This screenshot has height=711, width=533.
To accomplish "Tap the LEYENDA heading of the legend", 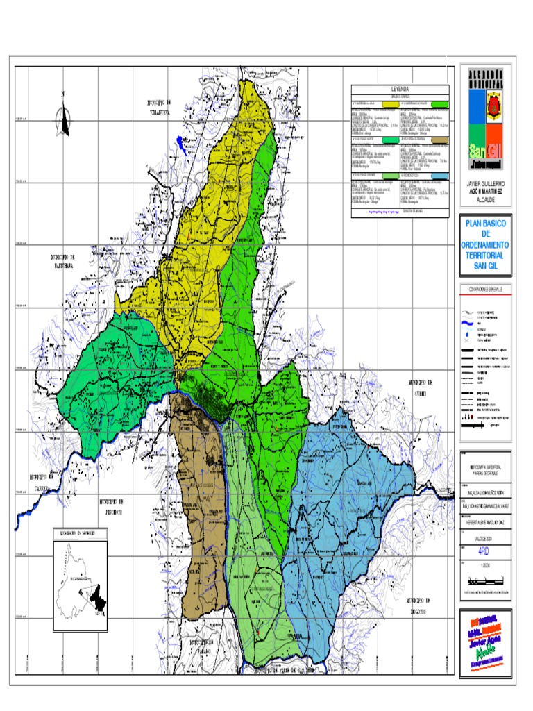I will [x=400, y=90].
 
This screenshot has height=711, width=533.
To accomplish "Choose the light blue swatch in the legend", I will [x=439, y=176].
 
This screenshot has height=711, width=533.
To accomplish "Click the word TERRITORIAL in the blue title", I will [x=485, y=255].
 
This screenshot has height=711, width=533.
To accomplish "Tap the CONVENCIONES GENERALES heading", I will [x=485, y=288].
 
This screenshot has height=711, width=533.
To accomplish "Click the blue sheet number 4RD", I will [x=484, y=550].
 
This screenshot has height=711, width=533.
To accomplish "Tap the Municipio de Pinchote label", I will [x=110, y=505].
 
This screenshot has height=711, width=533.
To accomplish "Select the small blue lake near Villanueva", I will [x=179, y=144].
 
